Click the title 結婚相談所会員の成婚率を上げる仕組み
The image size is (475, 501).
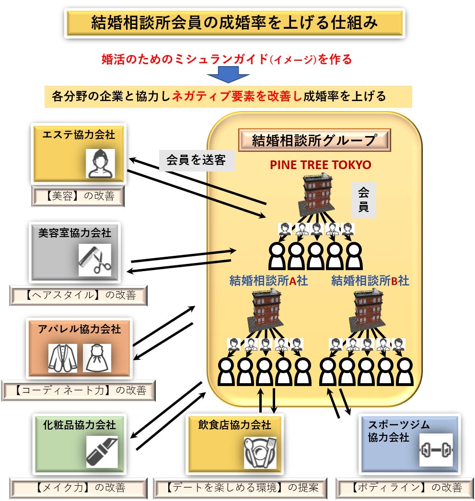pyautogui.click(x=235, y=23)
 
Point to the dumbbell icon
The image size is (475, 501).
pyautogui.click(x=435, y=450)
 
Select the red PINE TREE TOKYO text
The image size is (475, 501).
pyautogui.click(x=320, y=165)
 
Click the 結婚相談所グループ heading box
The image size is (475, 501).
pyautogui.click(x=314, y=140)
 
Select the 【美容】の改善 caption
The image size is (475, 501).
pyautogui.click(x=78, y=196)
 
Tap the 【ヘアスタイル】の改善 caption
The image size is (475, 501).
pyautogui.click(x=78, y=295)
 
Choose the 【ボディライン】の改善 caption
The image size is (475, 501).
pyautogui.click(x=406, y=488)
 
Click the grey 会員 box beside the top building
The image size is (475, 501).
pyautogui.click(x=363, y=200)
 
